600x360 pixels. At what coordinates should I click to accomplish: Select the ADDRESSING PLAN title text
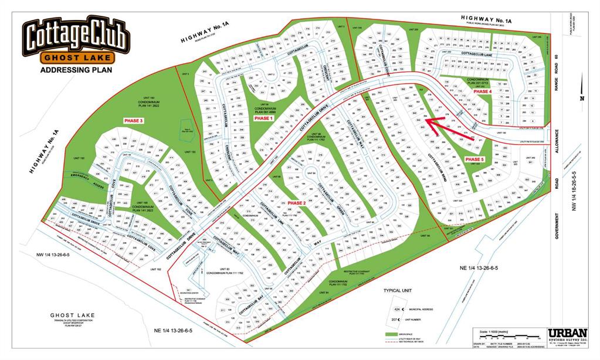pos(75,70)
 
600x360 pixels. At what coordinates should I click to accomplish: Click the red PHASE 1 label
pos(263,118)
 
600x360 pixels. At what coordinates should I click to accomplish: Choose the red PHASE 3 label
pos(133,120)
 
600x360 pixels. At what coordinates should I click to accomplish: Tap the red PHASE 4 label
pos(482,92)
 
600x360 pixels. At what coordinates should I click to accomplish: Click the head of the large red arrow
pos(428,120)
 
